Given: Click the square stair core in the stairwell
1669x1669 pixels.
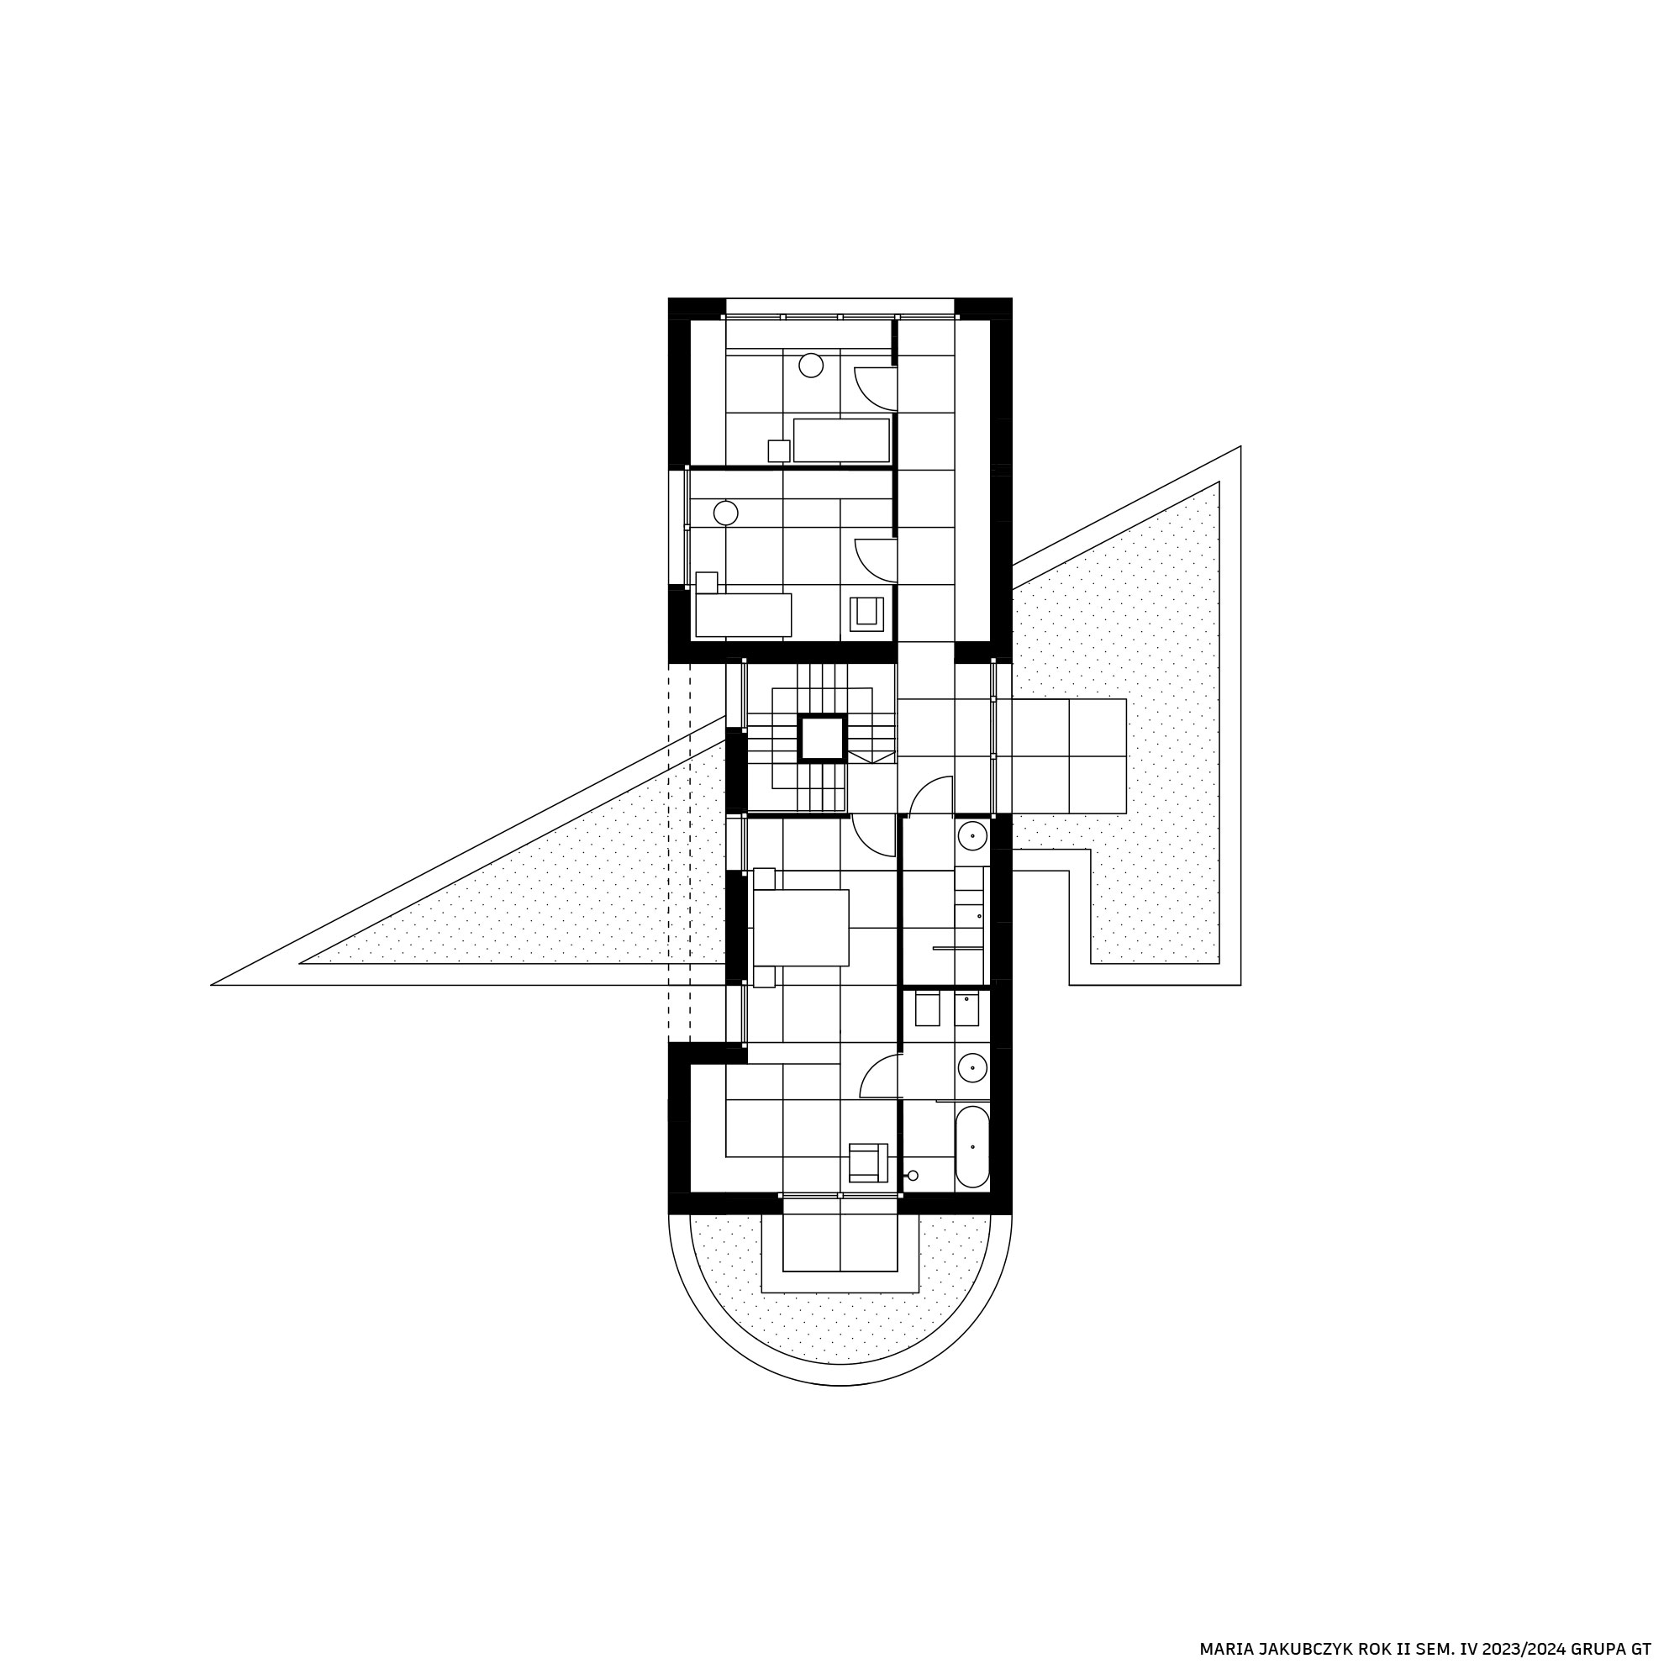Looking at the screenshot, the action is tap(822, 739).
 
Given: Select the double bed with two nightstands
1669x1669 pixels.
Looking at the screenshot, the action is tap(800, 928).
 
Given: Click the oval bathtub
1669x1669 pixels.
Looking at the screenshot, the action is tap(972, 1146).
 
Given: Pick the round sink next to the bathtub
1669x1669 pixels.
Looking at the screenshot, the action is tap(972, 1068).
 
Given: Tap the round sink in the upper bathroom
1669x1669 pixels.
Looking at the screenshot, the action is tap(972, 836).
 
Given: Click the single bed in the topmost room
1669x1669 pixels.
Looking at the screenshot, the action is tap(841, 440).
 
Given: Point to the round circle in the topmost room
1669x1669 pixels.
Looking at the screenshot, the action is tap(811, 366).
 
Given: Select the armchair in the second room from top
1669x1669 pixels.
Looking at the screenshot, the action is tap(866, 614).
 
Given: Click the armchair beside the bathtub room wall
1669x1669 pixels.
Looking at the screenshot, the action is tap(868, 1163).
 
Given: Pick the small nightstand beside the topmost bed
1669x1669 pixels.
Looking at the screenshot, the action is tap(779, 451).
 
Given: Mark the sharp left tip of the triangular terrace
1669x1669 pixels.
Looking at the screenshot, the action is tap(213, 984).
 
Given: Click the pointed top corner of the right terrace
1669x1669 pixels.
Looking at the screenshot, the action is tap(1240, 446).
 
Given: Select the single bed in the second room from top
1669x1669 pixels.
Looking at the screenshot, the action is tap(743, 615).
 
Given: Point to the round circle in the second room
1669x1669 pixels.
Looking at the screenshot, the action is tap(725, 513).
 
